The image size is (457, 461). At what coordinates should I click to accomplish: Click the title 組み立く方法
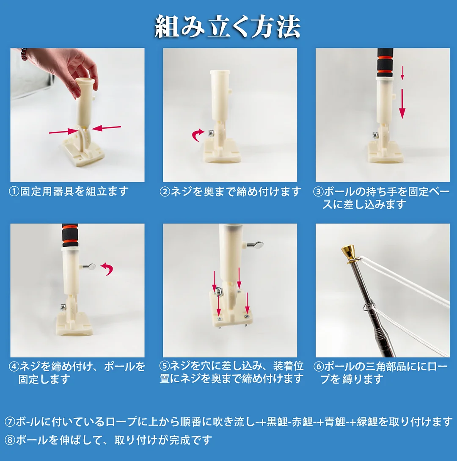point(228,27)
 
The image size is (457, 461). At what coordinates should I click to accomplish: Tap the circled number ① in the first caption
point(14,192)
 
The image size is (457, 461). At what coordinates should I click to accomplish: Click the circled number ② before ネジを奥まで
point(165,192)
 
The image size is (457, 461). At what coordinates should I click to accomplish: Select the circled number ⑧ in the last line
point(10,440)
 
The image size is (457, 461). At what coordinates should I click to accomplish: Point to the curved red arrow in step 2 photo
point(198,135)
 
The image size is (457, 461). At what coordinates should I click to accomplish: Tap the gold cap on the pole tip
point(348,253)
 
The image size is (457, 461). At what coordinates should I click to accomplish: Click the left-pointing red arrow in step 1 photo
point(106,127)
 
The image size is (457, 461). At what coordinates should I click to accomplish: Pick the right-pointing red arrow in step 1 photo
point(63,132)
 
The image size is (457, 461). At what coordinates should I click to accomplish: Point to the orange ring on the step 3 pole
point(385,73)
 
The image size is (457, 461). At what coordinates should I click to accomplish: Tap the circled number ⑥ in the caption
point(319,367)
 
